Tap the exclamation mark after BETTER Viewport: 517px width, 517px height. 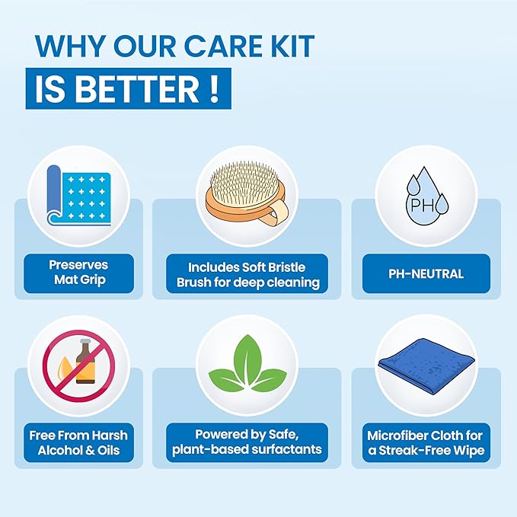[214, 88]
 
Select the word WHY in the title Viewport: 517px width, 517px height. [69, 46]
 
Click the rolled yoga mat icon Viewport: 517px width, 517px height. [78, 195]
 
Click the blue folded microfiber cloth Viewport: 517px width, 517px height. [426, 365]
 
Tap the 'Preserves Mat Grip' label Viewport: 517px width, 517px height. [78, 273]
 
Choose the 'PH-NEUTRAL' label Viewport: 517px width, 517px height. [426, 273]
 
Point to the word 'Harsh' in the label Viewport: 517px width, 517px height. [110, 436]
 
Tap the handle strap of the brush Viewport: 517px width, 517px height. [277, 212]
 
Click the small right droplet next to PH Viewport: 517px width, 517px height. [442, 203]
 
